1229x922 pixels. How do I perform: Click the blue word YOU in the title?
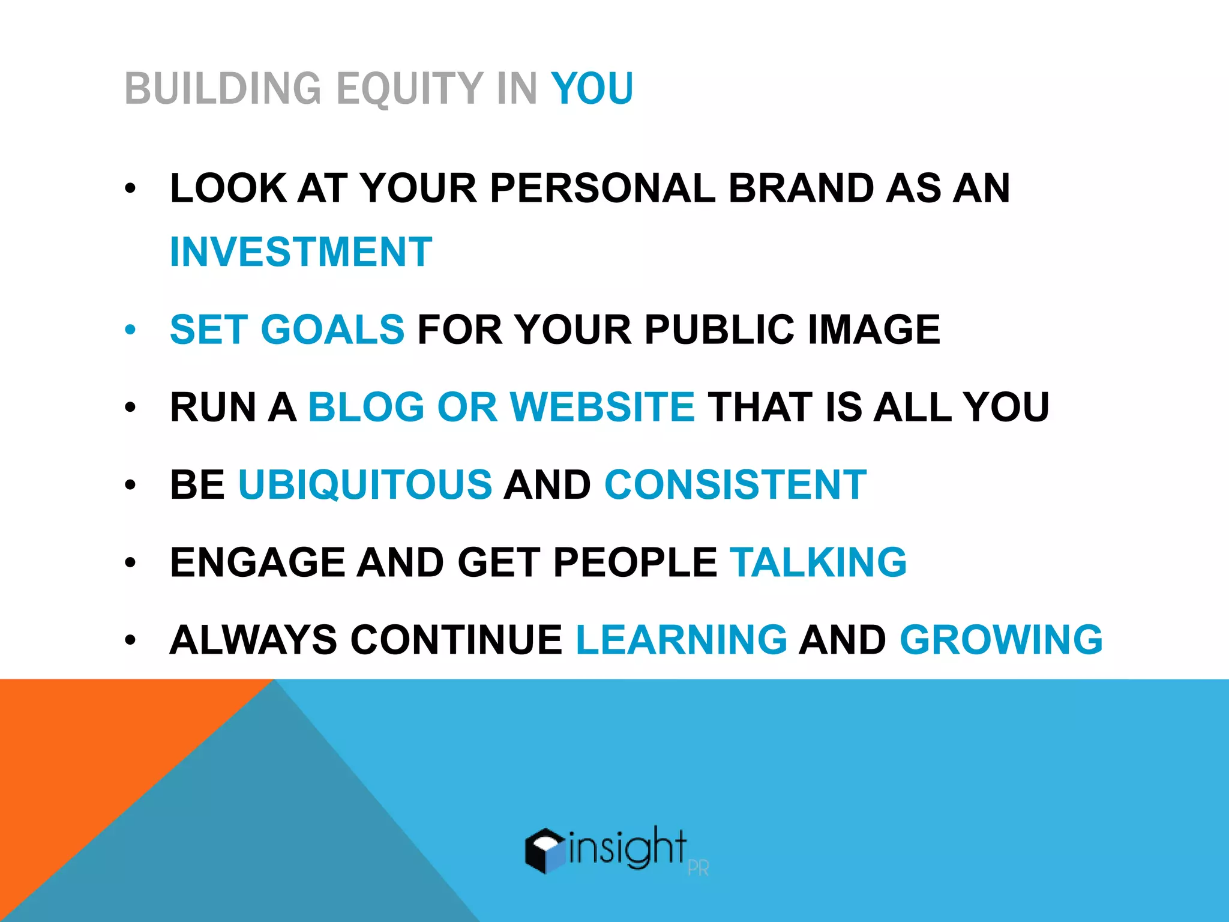click(592, 89)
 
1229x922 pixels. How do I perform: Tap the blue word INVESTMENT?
click(301, 252)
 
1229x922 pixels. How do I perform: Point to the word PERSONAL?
click(602, 188)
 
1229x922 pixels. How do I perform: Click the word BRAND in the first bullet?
click(800, 188)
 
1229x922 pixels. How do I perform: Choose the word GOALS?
click(332, 330)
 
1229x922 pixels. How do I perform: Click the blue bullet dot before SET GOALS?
click(131, 330)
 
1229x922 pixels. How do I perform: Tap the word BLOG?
click(366, 407)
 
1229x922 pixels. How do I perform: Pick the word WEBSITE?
click(602, 407)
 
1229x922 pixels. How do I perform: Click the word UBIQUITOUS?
click(365, 484)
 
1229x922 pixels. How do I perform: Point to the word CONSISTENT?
click(735, 484)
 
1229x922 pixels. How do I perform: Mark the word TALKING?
click(818, 562)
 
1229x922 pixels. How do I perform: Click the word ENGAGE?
click(257, 562)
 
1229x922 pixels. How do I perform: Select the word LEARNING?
click(681, 640)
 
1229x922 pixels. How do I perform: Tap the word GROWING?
click(1001, 640)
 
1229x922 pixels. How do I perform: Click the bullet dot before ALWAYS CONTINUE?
click(131, 640)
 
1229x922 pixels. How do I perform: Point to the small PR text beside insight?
click(699, 868)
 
